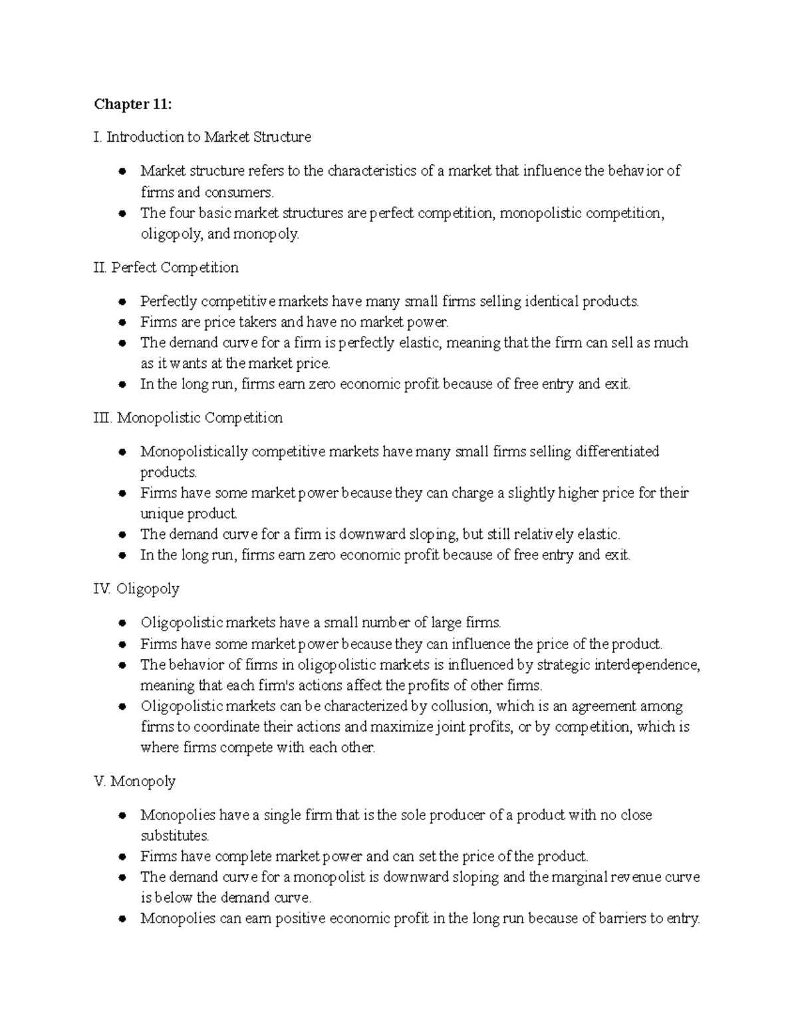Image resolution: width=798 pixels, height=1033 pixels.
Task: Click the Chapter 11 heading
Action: [133, 104]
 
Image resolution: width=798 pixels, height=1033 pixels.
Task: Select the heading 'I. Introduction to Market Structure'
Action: [202, 137]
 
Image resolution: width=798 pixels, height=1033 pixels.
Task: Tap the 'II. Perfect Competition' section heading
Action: [166, 267]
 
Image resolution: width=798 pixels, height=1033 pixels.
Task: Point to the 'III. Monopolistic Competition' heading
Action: [188, 418]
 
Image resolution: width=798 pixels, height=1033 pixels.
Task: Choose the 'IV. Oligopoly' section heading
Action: [137, 589]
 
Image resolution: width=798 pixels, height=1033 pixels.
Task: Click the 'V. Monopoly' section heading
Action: [135, 781]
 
